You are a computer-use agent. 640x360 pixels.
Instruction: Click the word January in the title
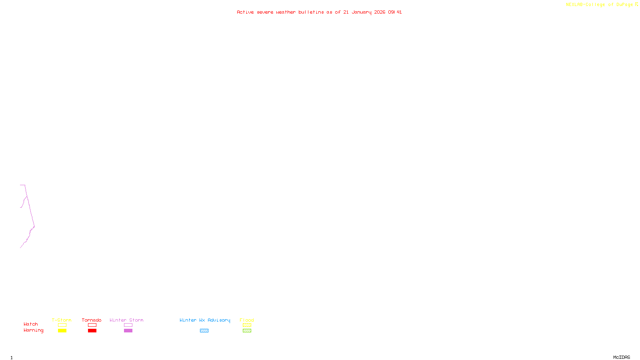(x=361, y=12)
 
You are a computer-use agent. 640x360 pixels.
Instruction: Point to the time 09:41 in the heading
(x=395, y=12)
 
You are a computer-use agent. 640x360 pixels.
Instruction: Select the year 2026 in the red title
(x=380, y=12)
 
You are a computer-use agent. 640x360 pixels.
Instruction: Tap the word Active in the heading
(x=245, y=12)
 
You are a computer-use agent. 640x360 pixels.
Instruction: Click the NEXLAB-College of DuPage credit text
(x=599, y=4)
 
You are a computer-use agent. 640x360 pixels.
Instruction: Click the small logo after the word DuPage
(x=636, y=4)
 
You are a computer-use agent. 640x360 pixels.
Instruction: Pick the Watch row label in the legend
(x=31, y=324)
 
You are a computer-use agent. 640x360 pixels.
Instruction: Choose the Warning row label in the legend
(x=33, y=330)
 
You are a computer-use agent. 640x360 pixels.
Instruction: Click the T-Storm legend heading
(x=62, y=320)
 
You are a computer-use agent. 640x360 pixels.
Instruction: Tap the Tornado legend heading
(x=92, y=320)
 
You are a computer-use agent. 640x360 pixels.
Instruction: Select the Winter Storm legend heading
(x=126, y=320)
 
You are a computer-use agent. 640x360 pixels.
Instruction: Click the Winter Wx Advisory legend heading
(x=205, y=320)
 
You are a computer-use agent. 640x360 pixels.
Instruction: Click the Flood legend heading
(x=247, y=320)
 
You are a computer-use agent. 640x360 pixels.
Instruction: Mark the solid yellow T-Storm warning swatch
(x=62, y=331)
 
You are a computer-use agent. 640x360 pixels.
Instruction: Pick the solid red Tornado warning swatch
(x=92, y=331)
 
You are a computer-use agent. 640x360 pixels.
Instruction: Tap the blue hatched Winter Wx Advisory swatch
(x=204, y=331)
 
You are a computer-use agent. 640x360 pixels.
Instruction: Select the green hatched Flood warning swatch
(x=247, y=331)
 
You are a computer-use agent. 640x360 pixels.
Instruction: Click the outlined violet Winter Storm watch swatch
(x=128, y=325)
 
